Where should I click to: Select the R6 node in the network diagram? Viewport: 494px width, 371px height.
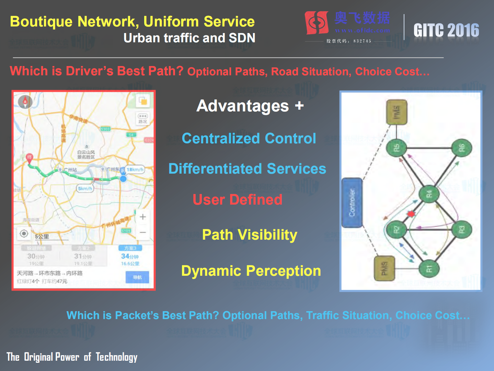pos(461,148)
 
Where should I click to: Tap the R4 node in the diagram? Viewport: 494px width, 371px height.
pos(429,194)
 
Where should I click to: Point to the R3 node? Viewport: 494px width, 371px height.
pos(461,229)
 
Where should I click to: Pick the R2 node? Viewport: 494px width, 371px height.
pos(396,229)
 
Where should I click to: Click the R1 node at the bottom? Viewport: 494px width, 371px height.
pos(429,268)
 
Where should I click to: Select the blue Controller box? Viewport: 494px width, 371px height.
pos(352,203)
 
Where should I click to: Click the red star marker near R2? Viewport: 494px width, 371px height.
pos(411,214)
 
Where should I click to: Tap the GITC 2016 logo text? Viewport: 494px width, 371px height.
pos(446,30)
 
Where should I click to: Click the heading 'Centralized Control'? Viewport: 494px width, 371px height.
pos(249,138)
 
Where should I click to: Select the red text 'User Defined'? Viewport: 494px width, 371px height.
pos(238,199)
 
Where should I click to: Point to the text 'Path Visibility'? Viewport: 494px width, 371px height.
pos(250,235)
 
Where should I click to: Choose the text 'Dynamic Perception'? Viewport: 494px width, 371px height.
pos(251,271)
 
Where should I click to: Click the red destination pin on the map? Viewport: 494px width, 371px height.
pos(30,158)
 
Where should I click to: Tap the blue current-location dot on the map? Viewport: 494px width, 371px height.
pos(123,178)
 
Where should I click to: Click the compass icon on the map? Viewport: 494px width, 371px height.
pos(25,102)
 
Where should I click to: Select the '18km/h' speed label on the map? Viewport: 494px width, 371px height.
pos(135,170)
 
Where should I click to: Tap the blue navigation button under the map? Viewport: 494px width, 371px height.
pos(137,277)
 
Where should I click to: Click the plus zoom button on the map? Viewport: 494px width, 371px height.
pos(143,217)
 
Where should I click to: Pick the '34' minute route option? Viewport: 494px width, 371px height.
pos(130,257)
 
